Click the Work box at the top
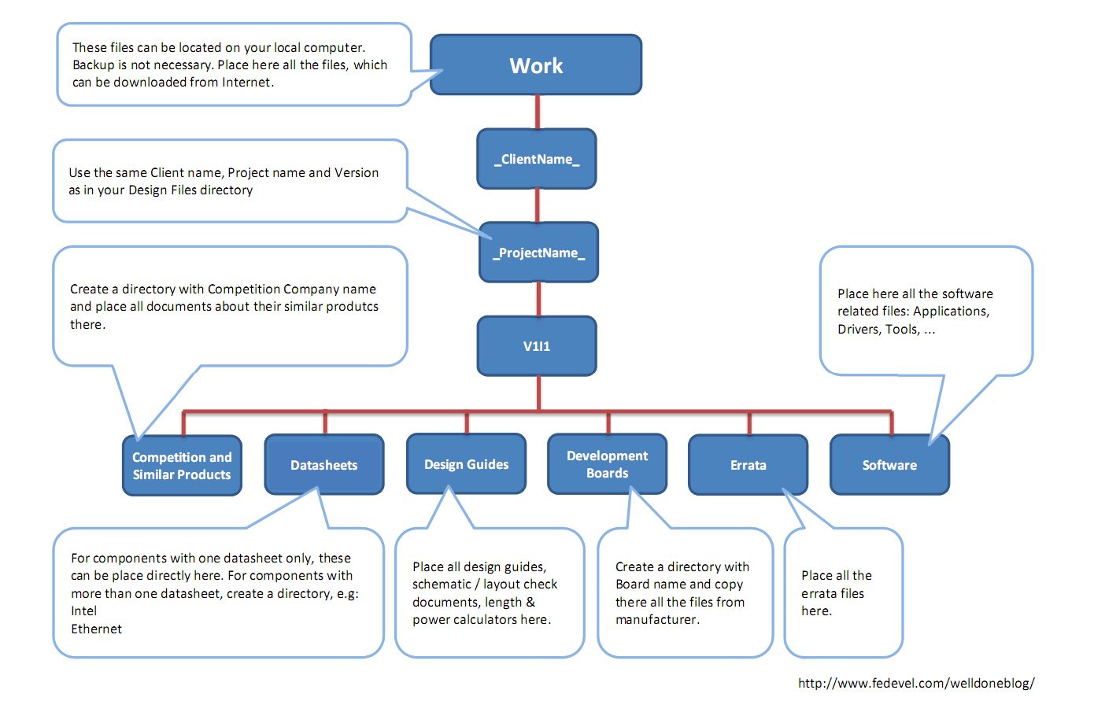[536, 65]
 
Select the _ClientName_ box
[537, 159]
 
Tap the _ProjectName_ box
[539, 253]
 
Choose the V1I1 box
[537, 346]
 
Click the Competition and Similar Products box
[182, 466]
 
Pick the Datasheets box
[324, 465]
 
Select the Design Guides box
[467, 464]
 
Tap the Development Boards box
[608, 464]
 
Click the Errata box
[748, 465]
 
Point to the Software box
[890, 465]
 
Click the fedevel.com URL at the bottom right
[916, 683]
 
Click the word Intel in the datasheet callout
[84, 611]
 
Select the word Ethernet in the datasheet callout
[97, 629]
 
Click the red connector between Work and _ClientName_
[538, 112]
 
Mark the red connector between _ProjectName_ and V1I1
[539, 299]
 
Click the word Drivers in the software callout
[859, 329]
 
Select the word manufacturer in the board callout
[657, 619]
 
